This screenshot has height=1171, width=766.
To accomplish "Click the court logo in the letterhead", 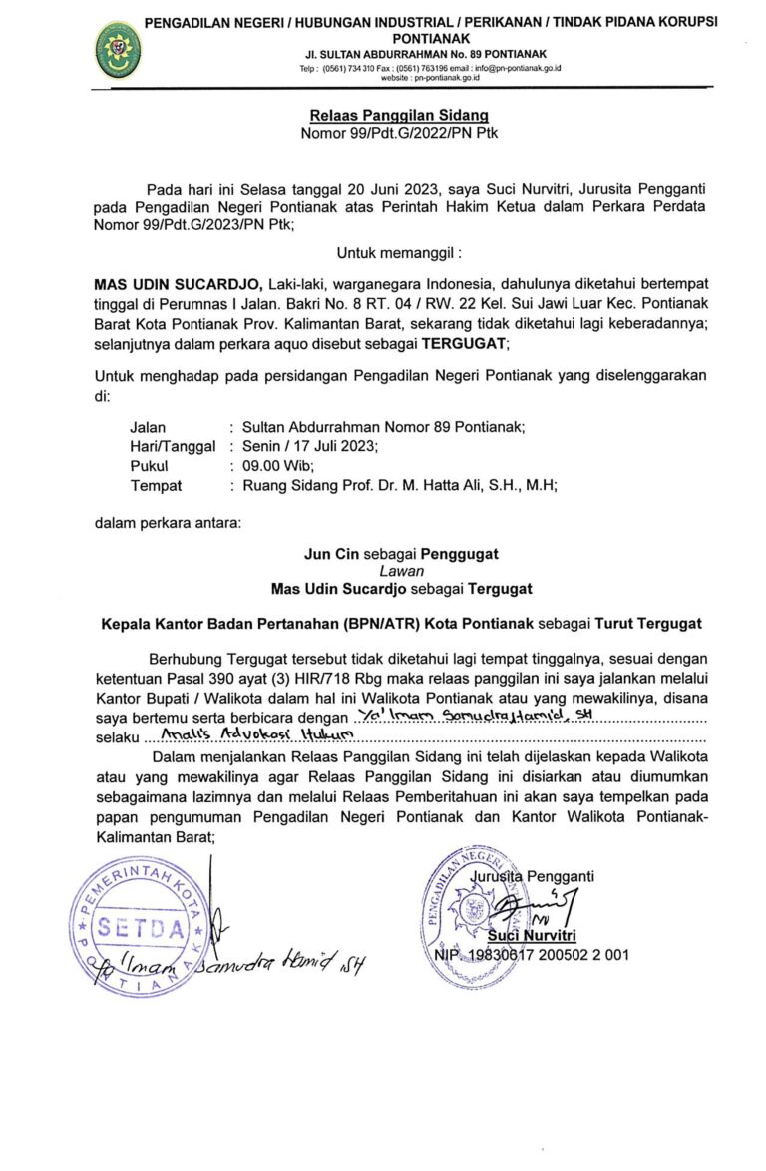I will click(x=117, y=47).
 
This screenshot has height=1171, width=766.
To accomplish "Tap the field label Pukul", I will click(x=150, y=466).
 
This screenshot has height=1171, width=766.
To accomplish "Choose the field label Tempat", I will click(x=156, y=486).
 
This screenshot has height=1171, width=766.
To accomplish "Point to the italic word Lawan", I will click(x=401, y=571).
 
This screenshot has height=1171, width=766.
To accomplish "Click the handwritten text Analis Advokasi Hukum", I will click(x=249, y=737).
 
